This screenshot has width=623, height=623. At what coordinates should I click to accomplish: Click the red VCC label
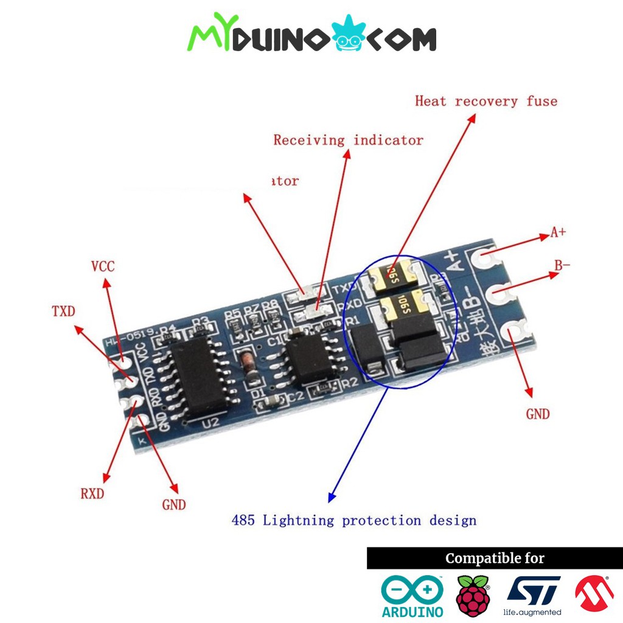coord(102,266)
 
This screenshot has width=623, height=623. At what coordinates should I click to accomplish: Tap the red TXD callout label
coord(63,311)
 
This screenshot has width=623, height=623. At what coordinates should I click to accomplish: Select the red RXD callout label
coord(92,493)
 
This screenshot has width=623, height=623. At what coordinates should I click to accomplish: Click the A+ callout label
coord(558,232)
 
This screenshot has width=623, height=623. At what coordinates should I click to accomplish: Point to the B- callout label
coord(562,265)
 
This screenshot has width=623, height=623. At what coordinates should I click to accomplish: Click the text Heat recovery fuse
coord(486,101)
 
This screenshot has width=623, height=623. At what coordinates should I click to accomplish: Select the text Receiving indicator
coord(348,140)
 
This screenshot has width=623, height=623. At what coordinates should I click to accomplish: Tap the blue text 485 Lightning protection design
coord(353,520)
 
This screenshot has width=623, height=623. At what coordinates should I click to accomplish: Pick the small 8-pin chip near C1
coord(310,358)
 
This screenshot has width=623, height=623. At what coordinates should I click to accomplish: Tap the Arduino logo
coord(412,596)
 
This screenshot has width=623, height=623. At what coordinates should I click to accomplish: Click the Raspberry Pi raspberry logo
coord(473,594)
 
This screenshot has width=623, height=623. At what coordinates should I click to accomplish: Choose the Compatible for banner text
coord(495,558)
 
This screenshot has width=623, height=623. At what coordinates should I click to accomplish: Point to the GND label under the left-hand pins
coord(174,504)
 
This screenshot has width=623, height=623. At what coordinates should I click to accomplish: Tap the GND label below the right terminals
coord(538,414)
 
